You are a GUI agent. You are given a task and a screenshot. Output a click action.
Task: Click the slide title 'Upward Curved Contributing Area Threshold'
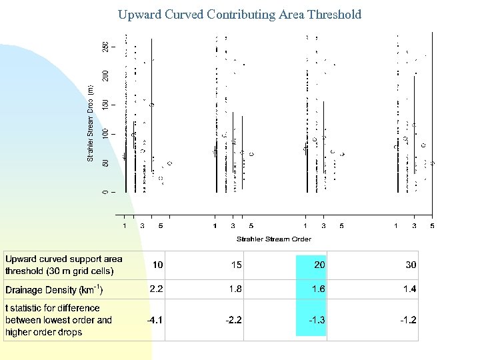[240, 14]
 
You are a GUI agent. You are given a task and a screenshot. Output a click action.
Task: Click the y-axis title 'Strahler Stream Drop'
[91, 123]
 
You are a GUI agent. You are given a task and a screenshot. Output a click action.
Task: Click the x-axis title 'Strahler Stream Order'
[273, 239]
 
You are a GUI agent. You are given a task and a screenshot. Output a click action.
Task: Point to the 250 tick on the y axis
[105, 47]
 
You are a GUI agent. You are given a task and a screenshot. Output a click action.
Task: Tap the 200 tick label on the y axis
[105, 76]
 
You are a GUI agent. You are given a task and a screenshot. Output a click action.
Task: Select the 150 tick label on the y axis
[105, 105]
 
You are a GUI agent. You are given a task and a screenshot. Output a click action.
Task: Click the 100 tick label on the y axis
[105, 134]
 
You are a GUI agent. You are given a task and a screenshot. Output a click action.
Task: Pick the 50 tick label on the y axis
[105, 163]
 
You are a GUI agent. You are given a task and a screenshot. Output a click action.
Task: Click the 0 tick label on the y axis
[105, 192]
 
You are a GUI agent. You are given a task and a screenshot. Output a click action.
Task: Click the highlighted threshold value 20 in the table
[319, 265]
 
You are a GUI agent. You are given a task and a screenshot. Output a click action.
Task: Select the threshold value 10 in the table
[157, 265]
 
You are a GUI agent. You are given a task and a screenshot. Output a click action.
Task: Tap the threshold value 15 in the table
[236, 265]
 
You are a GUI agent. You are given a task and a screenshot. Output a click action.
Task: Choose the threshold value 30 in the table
[411, 265]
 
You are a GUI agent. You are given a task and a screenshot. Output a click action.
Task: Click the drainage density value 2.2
[156, 289]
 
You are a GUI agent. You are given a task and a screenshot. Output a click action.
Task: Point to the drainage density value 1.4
[409, 289]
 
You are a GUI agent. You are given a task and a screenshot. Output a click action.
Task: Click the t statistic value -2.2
[233, 320]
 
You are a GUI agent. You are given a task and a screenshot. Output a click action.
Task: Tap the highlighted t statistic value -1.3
[317, 320]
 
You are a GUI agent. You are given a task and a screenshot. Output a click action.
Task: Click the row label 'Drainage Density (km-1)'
[54, 290]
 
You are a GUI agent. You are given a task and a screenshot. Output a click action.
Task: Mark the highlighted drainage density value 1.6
[318, 289]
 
